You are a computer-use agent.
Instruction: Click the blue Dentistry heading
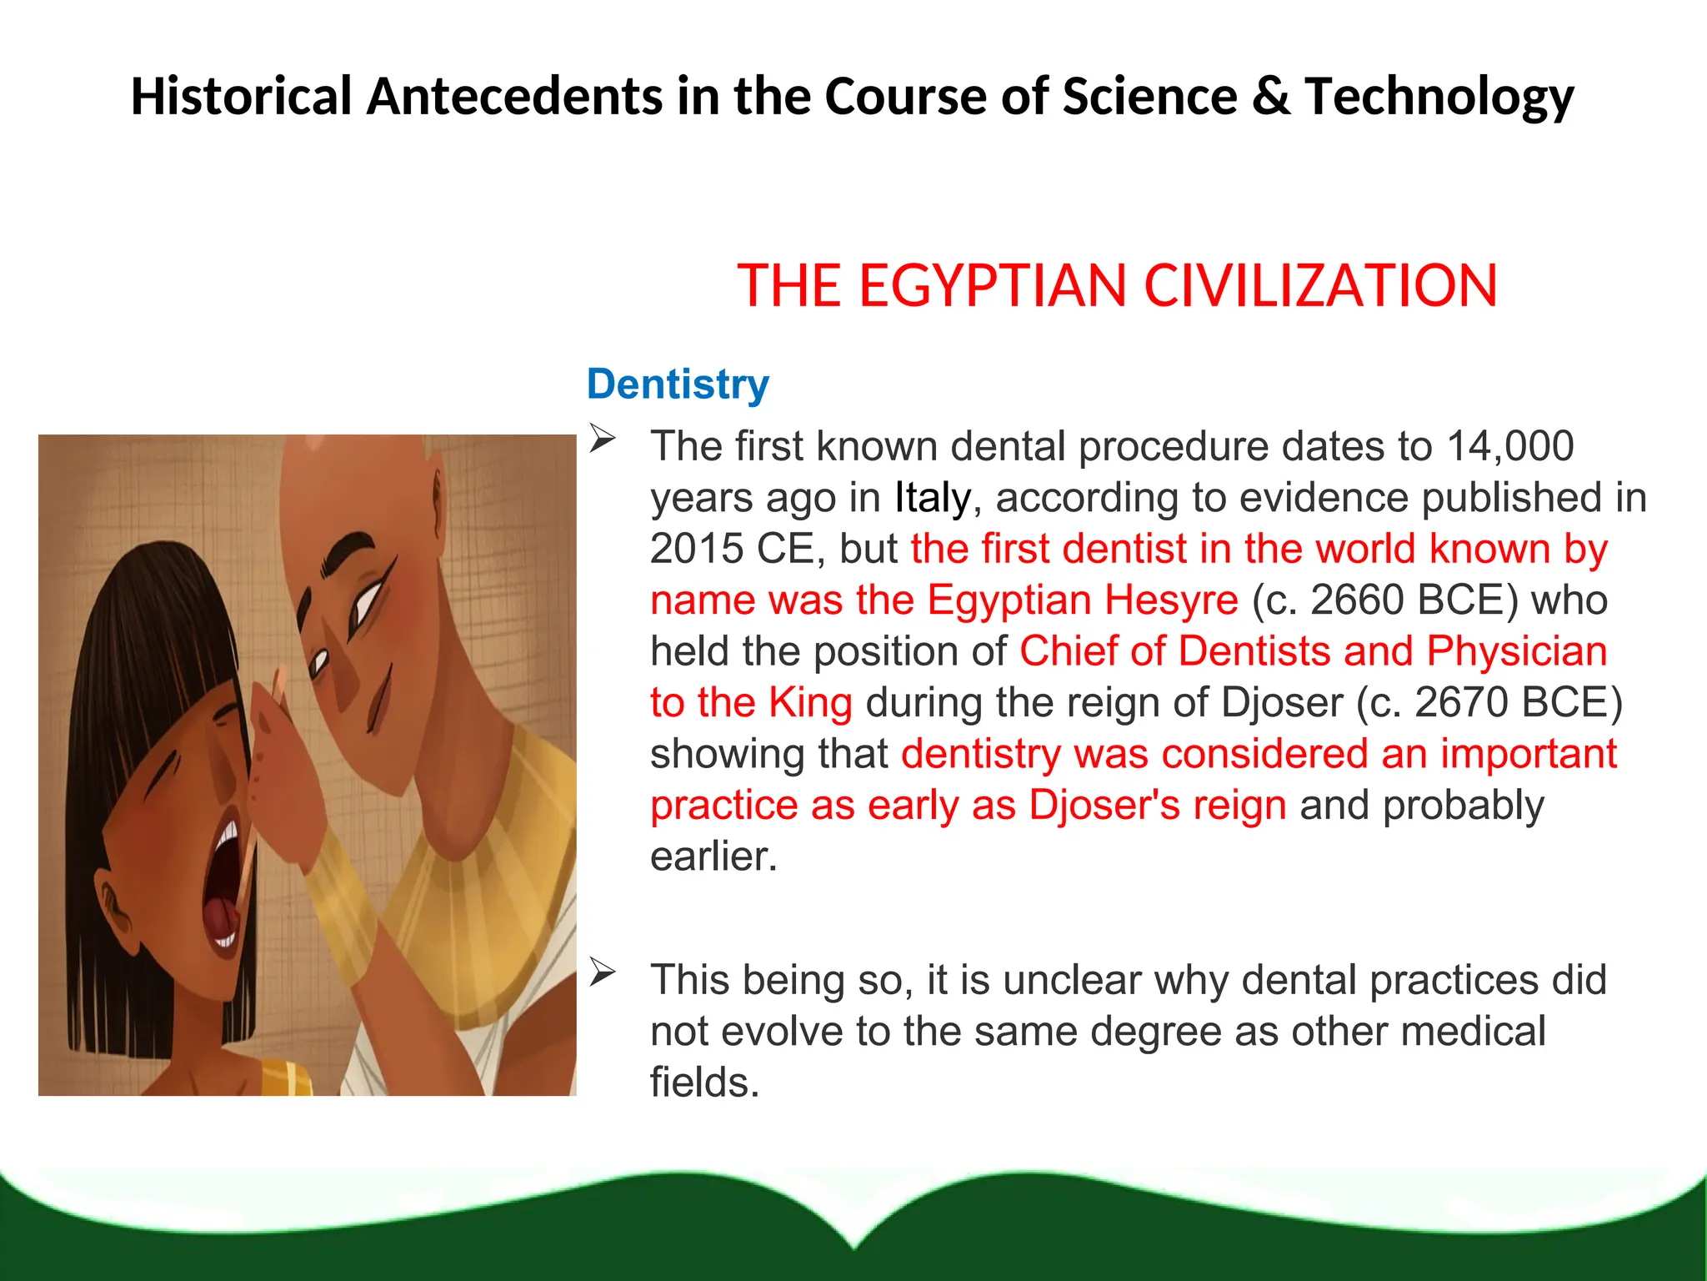pyautogui.click(x=678, y=384)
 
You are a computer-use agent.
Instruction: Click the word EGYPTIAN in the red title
pyautogui.click(x=993, y=286)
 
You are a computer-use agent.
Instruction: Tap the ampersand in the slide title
pyautogui.click(x=1270, y=97)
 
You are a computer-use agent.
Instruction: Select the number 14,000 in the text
pyautogui.click(x=1509, y=446)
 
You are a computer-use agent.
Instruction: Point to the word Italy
pyautogui.click(x=932, y=498)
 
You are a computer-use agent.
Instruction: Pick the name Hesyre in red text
pyautogui.click(x=1171, y=600)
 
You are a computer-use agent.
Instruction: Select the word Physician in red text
pyautogui.click(x=1516, y=652)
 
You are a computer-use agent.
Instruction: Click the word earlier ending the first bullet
pyautogui.click(x=713, y=857)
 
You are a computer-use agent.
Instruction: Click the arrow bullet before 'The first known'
pyautogui.click(x=602, y=439)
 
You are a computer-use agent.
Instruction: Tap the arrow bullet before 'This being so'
pyautogui.click(x=602, y=972)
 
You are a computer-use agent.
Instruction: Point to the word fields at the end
pyautogui.click(x=703, y=1083)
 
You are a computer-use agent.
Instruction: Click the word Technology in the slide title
pyautogui.click(x=1439, y=97)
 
